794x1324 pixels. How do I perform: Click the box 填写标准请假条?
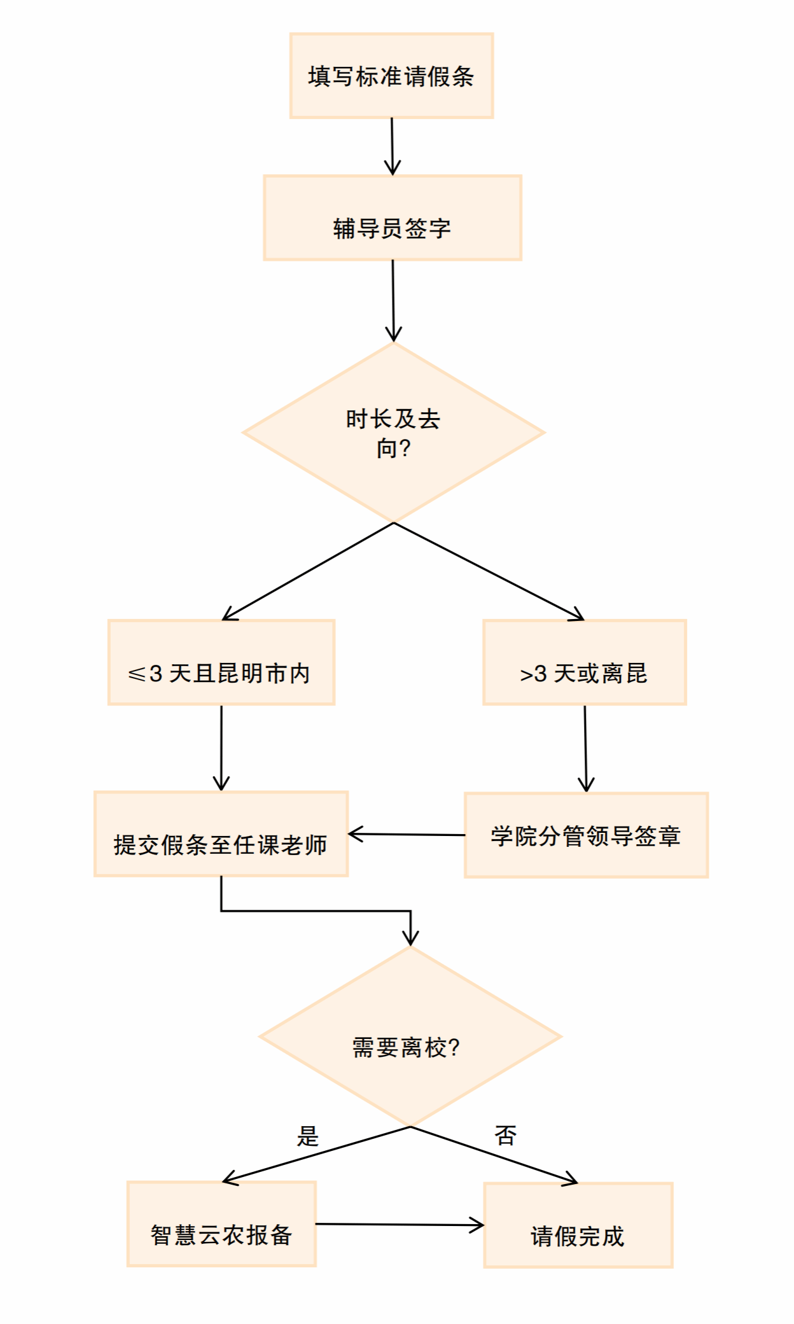point(391,76)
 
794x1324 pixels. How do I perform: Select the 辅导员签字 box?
point(393,218)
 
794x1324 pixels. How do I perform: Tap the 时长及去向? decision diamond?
point(393,433)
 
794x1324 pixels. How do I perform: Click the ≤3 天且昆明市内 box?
point(221,662)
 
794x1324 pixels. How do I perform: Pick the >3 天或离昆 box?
point(584,662)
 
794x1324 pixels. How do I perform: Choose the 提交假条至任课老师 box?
point(221,834)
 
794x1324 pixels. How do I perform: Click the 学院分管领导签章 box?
point(586,835)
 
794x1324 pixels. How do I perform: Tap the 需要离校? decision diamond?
point(410,1036)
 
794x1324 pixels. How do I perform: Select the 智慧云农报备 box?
point(221,1224)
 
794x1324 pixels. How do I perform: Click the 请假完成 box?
point(578,1225)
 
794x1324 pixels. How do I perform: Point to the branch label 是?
point(308,1136)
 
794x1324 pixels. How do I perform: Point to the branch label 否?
point(506,1136)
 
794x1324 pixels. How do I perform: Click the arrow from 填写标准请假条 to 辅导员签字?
point(392,146)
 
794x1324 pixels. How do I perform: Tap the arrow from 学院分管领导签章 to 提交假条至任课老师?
point(407,834)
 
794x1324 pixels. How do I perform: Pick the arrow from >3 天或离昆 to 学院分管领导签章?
point(585,748)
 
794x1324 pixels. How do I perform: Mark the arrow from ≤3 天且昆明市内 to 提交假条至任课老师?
point(221,748)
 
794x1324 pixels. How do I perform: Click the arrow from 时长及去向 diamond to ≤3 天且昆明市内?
point(308,571)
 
